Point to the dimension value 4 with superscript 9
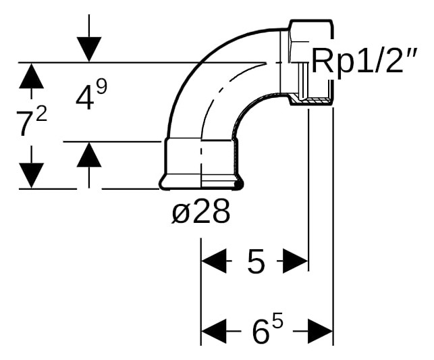91,95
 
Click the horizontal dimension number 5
256,261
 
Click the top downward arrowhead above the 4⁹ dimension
89,49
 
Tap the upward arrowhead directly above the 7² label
31,76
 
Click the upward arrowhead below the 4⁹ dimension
89,155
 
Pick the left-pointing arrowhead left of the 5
214,261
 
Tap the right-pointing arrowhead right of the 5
296,261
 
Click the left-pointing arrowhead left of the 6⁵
214,331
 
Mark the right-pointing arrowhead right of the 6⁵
320,331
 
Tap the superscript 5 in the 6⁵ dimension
278,323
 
